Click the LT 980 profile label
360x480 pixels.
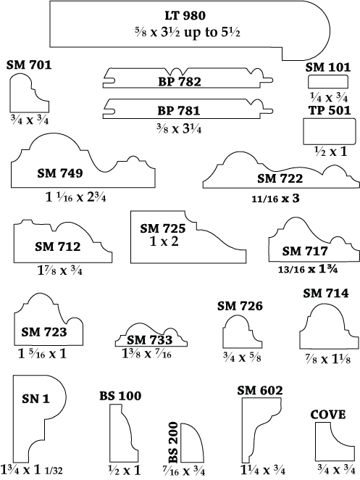185,15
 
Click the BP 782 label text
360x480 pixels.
180,82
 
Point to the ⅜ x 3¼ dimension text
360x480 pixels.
179,129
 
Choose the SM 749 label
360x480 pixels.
60,173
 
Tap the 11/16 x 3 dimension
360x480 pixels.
275,199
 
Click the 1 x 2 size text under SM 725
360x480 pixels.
164,241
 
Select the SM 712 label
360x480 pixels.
57,247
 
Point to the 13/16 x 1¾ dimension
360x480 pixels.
308,269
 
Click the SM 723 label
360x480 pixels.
43,332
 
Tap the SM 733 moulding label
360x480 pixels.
149,340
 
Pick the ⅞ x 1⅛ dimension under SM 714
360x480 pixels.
327,360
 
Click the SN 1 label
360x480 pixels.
35,399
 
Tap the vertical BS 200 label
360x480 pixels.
173,442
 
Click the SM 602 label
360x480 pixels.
260,390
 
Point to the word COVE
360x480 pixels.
328,415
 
